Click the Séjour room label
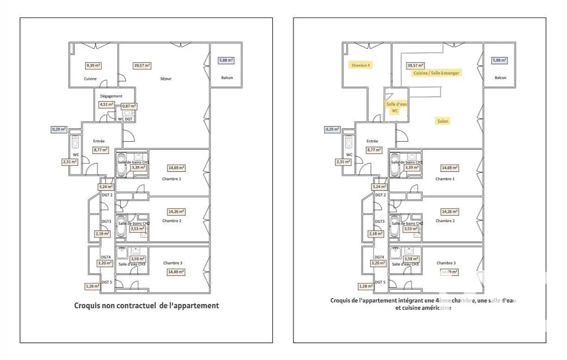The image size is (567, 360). [165, 79]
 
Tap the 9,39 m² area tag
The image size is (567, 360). [93, 66]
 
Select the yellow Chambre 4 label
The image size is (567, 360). [361, 65]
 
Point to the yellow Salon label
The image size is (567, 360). [443, 121]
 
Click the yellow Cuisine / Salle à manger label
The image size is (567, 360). [437, 73]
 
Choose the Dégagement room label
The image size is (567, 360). [111, 96]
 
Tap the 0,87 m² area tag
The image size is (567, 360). [129, 106]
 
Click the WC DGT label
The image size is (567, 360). [125, 119]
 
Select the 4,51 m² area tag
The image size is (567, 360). [106, 104]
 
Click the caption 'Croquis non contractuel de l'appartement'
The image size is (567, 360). [146, 305]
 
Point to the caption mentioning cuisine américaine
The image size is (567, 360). [423, 304]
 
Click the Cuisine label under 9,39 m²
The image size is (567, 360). [91, 79]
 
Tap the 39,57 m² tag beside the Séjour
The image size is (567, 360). [142, 66]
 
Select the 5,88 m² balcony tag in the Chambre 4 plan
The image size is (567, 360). [500, 60]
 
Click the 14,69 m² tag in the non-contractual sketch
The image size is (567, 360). [177, 168]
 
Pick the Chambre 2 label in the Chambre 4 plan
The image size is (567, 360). [445, 221]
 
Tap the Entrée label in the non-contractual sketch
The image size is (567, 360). [99, 141]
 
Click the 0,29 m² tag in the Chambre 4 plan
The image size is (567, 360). [332, 129]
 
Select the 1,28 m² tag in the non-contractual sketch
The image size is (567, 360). [92, 286]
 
